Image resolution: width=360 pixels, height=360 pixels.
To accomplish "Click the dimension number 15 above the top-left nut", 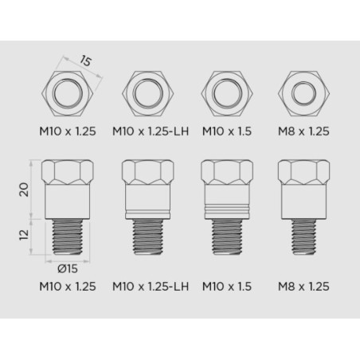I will pos(85,61).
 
